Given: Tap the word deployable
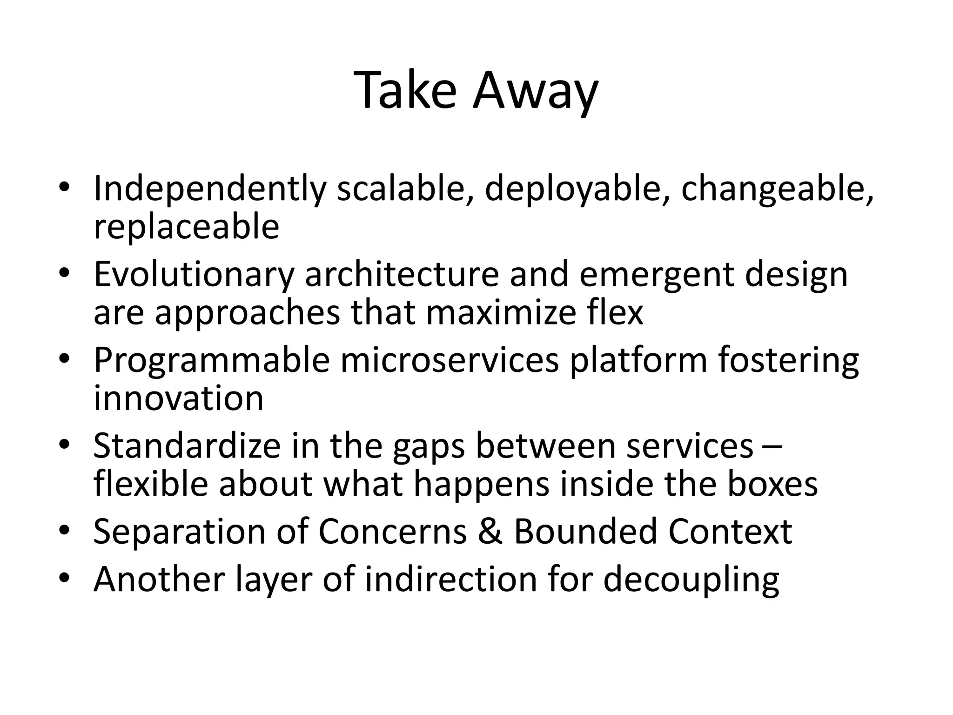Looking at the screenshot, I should click(x=577, y=189).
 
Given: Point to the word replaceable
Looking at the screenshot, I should click(x=186, y=227).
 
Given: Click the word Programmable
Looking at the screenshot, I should click(x=212, y=360).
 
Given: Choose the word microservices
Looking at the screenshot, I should click(x=450, y=360).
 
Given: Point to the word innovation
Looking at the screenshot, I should click(x=179, y=398).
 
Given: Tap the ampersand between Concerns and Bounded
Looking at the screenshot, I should click(x=490, y=532).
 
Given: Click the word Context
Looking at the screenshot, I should click(x=730, y=532).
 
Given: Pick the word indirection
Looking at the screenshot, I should click(x=451, y=580).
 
